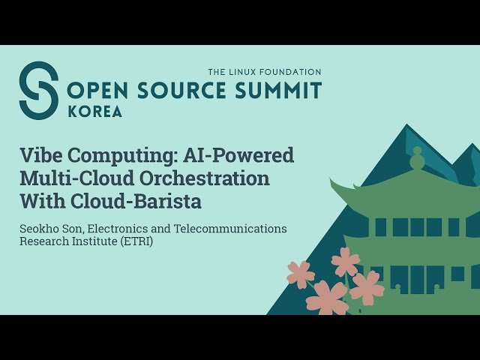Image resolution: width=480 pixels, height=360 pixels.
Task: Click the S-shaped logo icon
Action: click(x=38, y=90)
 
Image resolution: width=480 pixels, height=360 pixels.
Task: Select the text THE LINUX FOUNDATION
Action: click(x=265, y=72)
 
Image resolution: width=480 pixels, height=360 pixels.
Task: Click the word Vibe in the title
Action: click(x=38, y=156)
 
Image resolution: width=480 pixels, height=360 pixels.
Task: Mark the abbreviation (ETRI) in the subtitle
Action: click(x=136, y=242)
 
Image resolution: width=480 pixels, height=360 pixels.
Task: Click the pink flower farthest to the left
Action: click(x=300, y=274)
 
